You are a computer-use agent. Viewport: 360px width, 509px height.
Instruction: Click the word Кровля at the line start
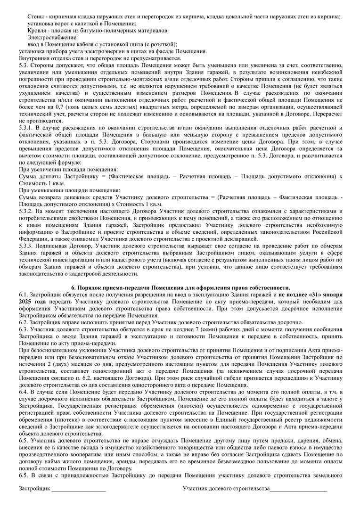pyautogui.click(x=37, y=30)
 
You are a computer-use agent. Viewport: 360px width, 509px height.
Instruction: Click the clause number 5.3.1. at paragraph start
pyautogui.click(x=26, y=128)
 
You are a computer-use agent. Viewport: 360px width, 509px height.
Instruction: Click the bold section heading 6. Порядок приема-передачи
pyautogui.click(x=180, y=287)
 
